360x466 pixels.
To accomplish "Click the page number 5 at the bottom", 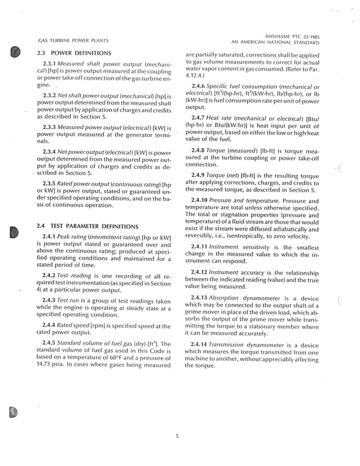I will click(177, 434).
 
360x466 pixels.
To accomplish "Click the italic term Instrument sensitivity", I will click(239, 247).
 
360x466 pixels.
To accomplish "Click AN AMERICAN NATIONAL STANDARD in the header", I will click(275, 42).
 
